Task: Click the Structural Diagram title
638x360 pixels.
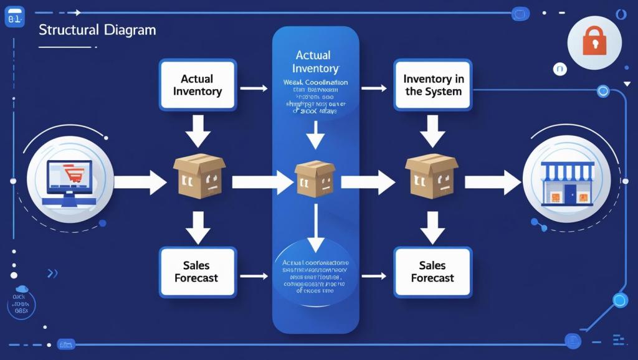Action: click(x=97, y=30)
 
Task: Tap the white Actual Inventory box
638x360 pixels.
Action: click(x=197, y=85)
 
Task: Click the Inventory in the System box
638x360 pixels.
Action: click(x=433, y=85)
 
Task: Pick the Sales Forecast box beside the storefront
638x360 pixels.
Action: click(x=433, y=272)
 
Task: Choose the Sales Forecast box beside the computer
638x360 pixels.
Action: click(x=197, y=272)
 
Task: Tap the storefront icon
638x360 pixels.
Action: click(x=566, y=181)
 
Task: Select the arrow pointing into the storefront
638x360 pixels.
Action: click(x=492, y=182)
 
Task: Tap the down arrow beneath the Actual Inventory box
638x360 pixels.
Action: click(x=198, y=131)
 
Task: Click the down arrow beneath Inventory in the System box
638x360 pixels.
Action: click(x=432, y=131)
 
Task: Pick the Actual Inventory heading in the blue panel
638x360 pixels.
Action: click(x=315, y=62)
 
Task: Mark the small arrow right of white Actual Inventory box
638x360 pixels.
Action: click(x=254, y=88)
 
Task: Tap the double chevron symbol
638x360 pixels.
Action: click(x=52, y=273)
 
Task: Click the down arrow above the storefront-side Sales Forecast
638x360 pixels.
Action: click(x=432, y=227)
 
